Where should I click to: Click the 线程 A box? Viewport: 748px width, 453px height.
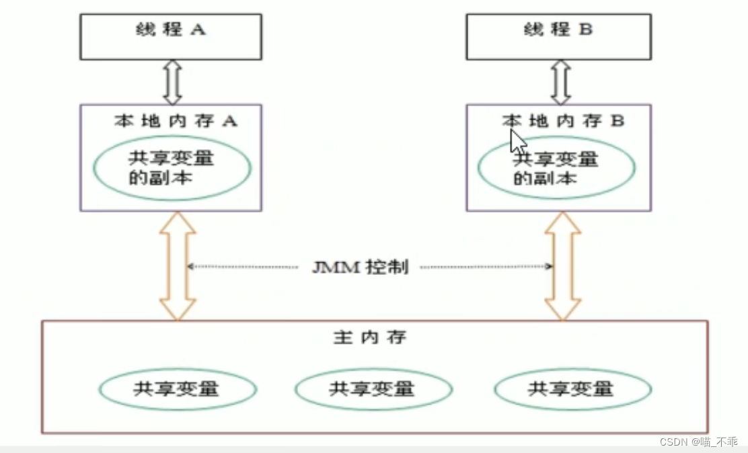172,36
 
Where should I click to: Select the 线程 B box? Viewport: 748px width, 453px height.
558,36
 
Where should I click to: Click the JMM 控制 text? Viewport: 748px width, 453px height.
360,267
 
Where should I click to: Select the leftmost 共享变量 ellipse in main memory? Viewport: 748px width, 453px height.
178,388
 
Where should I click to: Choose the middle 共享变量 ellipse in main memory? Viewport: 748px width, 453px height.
373,388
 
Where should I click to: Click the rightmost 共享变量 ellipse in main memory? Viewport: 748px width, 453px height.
572,388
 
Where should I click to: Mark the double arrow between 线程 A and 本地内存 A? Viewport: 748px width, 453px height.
173,81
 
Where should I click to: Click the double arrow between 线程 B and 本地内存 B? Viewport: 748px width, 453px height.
560,81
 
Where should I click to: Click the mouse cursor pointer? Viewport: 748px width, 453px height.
517,141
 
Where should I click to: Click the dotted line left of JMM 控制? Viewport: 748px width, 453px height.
242,267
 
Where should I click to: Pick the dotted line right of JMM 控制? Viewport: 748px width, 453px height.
484,267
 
